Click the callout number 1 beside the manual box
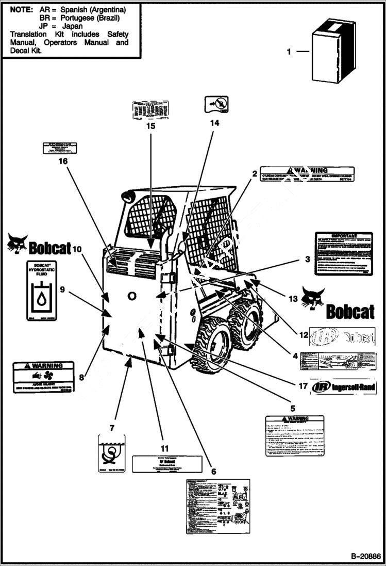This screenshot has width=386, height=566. coord(289,52)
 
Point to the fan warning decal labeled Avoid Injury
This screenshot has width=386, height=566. coord(44,377)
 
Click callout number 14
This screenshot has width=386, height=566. coord(214,123)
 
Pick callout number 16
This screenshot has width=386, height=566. coord(63,161)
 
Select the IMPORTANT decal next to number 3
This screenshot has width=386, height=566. coord(343,254)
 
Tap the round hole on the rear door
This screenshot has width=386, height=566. coord(132,296)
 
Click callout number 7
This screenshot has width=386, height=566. coord(112,428)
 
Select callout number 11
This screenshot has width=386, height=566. coord(164,448)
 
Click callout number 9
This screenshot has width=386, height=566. coord(62,289)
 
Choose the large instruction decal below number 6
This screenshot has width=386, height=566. coord(217,506)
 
